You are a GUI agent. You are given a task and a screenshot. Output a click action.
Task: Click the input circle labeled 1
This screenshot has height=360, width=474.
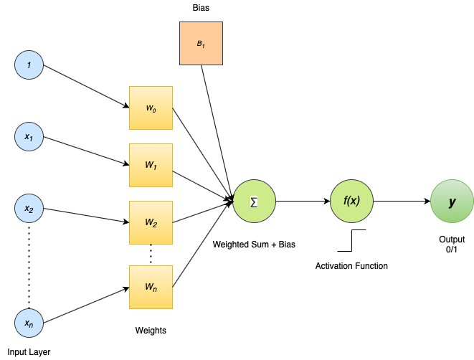tap(29, 65)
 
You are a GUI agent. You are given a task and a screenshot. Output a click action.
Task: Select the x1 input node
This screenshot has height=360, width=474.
tap(29, 137)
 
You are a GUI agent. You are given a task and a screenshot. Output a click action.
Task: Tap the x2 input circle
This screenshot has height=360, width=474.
tap(29, 208)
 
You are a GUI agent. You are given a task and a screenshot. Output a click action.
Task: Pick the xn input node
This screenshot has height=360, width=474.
tap(29, 323)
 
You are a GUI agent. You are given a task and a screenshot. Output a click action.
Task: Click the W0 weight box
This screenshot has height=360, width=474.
tap(151, 108)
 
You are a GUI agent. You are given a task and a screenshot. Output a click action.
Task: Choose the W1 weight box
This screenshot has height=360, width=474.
tap(151, 166)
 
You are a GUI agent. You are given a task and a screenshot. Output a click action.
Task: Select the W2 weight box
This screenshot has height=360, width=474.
tap(151, 222)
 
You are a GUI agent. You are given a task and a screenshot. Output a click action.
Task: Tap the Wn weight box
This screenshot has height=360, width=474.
tap(151, 287)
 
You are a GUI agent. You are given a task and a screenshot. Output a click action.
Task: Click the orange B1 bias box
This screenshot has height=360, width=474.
tap(201, 43)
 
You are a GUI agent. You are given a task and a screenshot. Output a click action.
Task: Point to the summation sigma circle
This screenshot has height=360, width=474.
tap(255, 202)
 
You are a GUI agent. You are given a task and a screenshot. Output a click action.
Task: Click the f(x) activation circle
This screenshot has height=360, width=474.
tap(351, 202)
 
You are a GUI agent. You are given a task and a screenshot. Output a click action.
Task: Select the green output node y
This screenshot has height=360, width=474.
tap(452, 202)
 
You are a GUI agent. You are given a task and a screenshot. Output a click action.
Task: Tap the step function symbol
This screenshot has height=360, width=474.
tap(352, 240)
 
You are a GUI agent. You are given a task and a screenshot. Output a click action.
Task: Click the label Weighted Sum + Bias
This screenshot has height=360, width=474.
tap(254, 245)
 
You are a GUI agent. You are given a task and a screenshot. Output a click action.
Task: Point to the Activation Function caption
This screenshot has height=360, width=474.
tap(351, 266)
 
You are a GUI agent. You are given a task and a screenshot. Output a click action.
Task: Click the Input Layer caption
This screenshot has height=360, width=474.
tap(29, 352)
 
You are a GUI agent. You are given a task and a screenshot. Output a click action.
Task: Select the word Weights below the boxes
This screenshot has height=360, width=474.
tap(151, 331)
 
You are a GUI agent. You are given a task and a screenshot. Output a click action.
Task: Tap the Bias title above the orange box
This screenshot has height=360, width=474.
tap(201, 8)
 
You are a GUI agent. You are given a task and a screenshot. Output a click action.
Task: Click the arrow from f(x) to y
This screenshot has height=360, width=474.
tap(402, 202)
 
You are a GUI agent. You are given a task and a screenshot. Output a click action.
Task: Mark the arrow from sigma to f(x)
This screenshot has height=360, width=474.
tap(303, 202)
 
